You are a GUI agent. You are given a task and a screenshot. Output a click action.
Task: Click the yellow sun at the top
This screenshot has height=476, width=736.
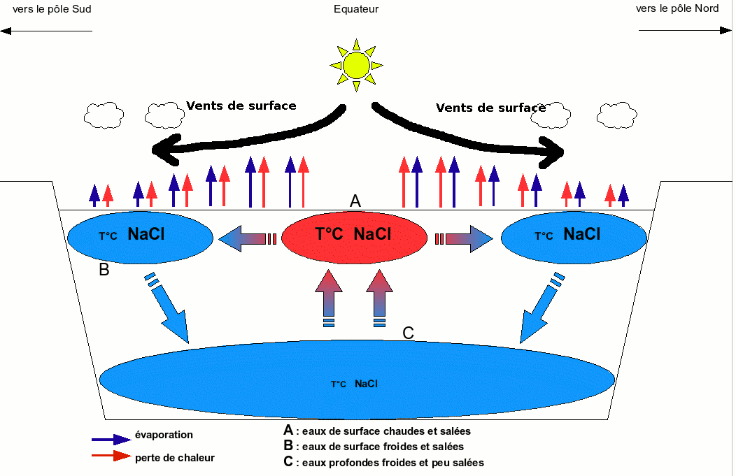(356, 66)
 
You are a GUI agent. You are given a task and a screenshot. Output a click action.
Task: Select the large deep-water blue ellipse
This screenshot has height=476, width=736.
(357, 380)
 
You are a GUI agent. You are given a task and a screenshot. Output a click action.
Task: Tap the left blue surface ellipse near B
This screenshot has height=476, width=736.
(141, 236)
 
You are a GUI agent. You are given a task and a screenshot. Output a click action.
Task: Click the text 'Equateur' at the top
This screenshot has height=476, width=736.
(356, 9)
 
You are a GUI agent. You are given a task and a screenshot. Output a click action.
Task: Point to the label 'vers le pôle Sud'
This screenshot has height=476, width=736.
(52, 9)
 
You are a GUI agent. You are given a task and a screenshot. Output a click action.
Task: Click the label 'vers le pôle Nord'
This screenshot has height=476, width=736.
(678, 9)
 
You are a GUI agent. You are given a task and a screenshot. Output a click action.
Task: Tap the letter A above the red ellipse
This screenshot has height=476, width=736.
(355, 201)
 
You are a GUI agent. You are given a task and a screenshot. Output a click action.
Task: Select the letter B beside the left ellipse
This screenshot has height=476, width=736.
(104, 270)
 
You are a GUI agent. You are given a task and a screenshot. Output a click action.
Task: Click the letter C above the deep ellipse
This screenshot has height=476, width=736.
(409, 333)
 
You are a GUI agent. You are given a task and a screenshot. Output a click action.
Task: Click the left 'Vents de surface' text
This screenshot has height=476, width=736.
(241, 106)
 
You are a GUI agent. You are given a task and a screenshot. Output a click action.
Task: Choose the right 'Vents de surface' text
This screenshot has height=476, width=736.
(490, 108)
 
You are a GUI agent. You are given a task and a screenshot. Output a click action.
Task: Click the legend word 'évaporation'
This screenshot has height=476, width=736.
(164, 435)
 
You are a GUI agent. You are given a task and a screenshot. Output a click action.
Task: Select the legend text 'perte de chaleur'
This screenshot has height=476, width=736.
(175, 458)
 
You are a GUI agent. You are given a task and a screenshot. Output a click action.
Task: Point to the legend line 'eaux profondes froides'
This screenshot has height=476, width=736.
(389, 463)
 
